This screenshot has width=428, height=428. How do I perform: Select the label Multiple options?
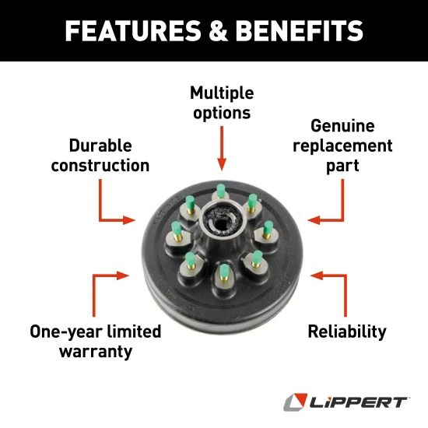pos(222,103)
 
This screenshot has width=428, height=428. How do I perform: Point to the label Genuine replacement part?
pos(342,146)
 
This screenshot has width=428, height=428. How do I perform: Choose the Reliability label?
pos(346,332)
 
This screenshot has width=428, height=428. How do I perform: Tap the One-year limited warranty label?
pos(95,341)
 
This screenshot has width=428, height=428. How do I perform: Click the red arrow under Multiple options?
pos(222,148)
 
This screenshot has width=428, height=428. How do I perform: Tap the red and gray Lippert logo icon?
pos(295,402)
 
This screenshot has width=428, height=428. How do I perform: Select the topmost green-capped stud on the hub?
pos(222,189)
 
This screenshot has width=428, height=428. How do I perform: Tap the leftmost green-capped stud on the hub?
pos(177,227)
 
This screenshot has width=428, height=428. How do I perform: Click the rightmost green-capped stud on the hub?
pos(268,227)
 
